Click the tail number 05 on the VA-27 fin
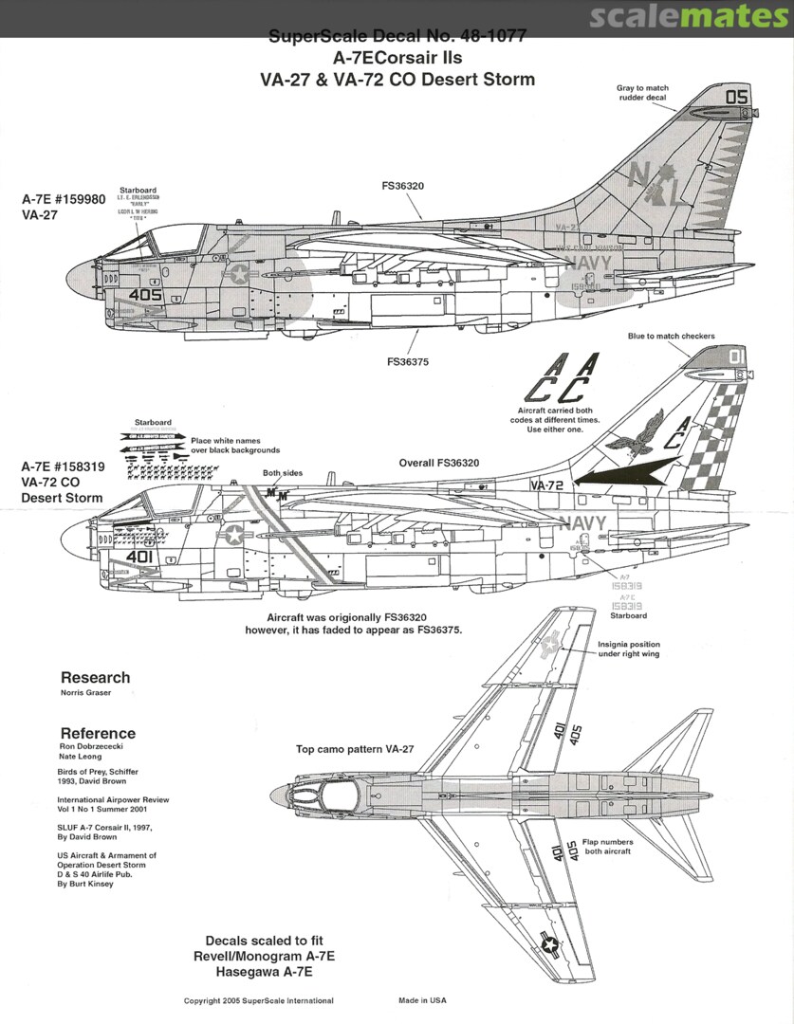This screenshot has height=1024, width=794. pyautogui.click(x=737, y=97)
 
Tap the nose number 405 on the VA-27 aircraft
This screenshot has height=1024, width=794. pyautogui.click(x=146, y=295)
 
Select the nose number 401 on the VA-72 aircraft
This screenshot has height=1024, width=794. pyautogui.click(x=139, y=557)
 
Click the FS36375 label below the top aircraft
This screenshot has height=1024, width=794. pyautogui.click(x=406, y=360)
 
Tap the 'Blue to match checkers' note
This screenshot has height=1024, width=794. pyautogui.click(x=671, y=336)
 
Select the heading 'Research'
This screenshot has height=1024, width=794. pyautogui.click(x=95, y=677)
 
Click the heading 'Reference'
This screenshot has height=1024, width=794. pyautogui.click(x=98, y=733)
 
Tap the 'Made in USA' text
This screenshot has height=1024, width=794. pyautogui.click(x=422, y=1000)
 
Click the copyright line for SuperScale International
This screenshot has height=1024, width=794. pyautogui.click(x=258, y=1000)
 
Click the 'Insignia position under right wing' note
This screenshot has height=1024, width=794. pyautogui.click(x=629, y=649)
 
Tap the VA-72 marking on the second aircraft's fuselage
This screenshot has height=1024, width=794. pyautogui.click(x=548, y=485)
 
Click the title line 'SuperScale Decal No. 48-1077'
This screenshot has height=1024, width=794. pyautogui.click(x=397, y=37)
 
